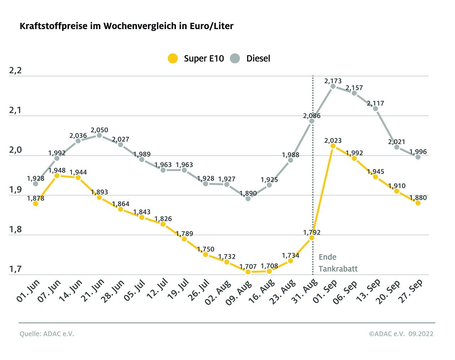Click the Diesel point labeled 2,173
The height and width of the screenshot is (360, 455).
[333, 86]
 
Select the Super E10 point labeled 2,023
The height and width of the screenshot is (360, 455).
[333, 146]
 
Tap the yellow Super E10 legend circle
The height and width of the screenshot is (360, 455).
[173, 58]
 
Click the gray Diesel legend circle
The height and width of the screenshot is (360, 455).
[235, 58]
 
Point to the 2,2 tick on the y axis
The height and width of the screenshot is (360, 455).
[15, 70]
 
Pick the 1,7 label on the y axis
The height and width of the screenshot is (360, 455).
[15, 269]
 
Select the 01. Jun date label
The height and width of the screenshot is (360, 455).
[28, 291]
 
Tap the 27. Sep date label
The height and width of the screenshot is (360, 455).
[411, 291]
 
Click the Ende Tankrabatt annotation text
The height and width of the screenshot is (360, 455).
[338, 263]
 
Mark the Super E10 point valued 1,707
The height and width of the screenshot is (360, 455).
[248, 272]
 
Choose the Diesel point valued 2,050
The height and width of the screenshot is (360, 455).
[99, 135]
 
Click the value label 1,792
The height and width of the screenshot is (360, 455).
[312, 232]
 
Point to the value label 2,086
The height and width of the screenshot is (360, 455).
[312, 115]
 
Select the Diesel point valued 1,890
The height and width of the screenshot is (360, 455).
[248, 198]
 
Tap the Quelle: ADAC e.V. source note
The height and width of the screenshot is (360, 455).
[47, 334]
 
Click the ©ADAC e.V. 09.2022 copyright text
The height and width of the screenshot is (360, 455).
[401, 334]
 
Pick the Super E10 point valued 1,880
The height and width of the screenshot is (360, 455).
[418, 203]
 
